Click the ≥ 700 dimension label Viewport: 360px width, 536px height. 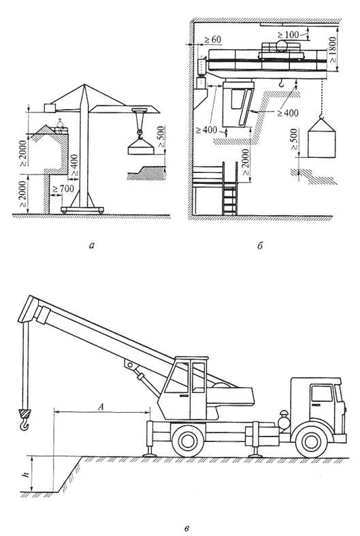[x=62, y=188]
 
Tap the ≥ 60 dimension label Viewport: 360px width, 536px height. [x=212, y=40]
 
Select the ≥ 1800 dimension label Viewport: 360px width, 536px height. [x=333, y=50]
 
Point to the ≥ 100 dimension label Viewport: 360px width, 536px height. [x=288, y=34]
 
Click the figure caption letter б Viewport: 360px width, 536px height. [x=259, y=245]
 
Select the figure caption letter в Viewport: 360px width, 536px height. [x=186, y=529]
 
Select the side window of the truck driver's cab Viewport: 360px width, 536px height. [x=322, y=393]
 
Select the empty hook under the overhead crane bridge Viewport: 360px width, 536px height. [x=281, y=82]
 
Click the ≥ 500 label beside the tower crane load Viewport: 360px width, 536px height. [x=161, y=137]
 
